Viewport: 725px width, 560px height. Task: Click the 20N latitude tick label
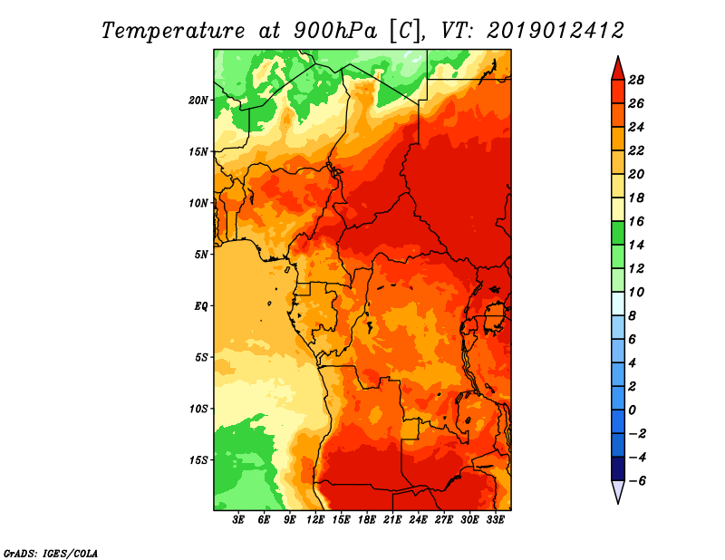pyautogui.click(x=198, y=101)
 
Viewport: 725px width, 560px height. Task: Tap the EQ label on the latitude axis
pyautogui.click(x=200, y=306)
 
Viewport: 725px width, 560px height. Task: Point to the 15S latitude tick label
pyautogui.click(x=198, y=460)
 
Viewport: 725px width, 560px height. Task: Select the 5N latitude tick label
pyautogui.click(x=201, y=255)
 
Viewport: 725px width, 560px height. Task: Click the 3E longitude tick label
pyautogui.click(x=238, y=520)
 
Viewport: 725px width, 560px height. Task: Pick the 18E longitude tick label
pyautogui.click(x=367, y=520)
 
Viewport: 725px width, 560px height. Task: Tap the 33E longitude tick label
pyautogui.click(x=495, y=520)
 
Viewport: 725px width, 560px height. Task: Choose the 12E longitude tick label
pyautogui.click(x=315, y=520)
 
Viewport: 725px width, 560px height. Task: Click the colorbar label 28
pyautogui.click(x=636, y=80)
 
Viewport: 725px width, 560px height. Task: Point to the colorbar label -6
pyautogui.click(x=637, y=481)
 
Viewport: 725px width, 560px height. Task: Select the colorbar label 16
pyautogui.click(x=636, y=221)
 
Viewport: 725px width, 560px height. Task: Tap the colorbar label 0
pyautogui.click(x=632, y=410)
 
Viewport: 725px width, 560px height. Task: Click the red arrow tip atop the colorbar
pyautogui.click(x=618, y=57)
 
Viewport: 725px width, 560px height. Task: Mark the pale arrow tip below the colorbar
pyautogui.click(x=618, y=503)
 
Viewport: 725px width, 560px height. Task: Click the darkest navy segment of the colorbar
pyautogui.click(x=618, y=468)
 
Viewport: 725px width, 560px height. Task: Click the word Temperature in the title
pyautogui.click(x=172, y=31)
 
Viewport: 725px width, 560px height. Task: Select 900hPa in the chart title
pyautogui.click(x=334, y=31)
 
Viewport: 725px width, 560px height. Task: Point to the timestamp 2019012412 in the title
pyautogui.click(x=556, y=31)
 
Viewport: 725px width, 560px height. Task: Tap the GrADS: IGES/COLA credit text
pyautogui.click(x=51, y=554)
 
